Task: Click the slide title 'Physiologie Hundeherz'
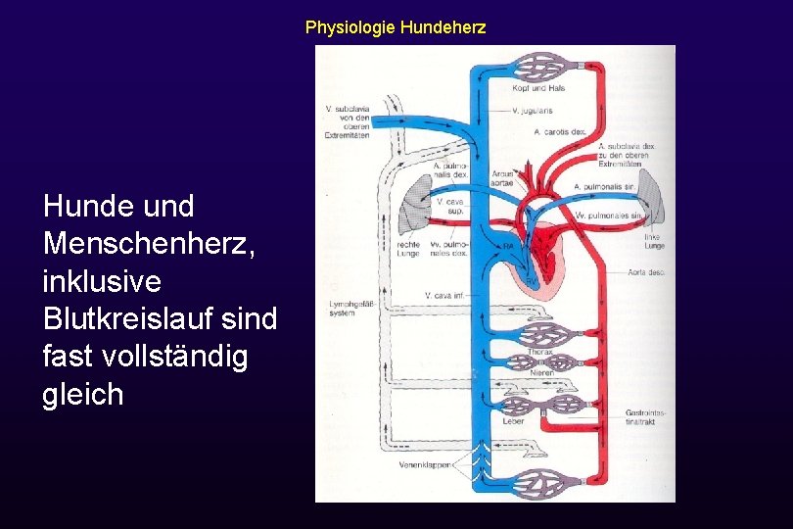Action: pyautogui.click(x=395, y=27)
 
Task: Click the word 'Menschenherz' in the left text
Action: pyautogui.click(x=148, y=243)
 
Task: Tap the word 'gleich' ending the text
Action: pyautogui.click(x=83, y=394)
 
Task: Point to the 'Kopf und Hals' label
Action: pyautogui.click(x=538, y=88)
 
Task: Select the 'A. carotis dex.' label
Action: pyautogui.click(x=557, y=131)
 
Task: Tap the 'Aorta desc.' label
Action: pyautogui.click(x=646, y=272)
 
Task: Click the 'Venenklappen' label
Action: pyautogui.click(x=425, y=464)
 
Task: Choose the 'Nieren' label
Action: pyautogui.click(x=542, y=373)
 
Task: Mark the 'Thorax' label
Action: pyautogui.click(x=540, y=351)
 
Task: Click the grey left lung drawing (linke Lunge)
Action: pyautogui.click(x=655, y=206)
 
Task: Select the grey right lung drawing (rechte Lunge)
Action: pyautogui.click(x=409, y=211)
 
